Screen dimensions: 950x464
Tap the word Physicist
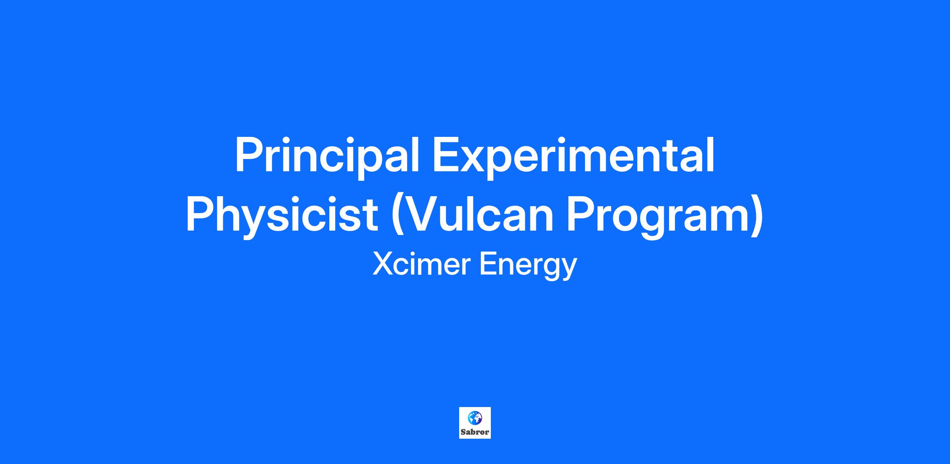282,217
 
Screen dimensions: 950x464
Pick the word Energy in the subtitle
528,267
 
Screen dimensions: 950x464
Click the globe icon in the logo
475,418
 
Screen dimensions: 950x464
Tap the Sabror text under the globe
475,432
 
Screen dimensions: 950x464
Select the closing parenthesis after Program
757,217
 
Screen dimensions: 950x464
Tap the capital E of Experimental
447,155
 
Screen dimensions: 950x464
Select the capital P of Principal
249,155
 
